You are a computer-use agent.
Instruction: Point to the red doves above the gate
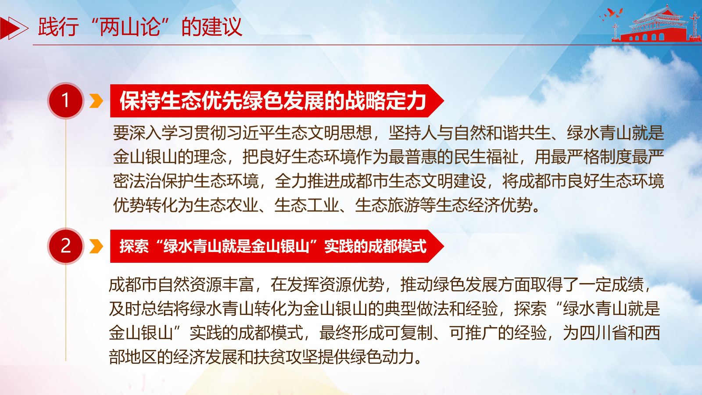[x=612, y=14]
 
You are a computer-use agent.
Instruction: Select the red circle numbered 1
[x=65, y=101]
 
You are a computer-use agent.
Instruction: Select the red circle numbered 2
[x=65, y=246]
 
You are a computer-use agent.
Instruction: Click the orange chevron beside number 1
[x=96, y=101]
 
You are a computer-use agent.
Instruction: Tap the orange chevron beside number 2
[x=96, y=246]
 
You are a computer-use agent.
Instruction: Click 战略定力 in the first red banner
[x=385, y=101]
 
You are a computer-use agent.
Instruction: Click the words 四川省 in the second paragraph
[x=603, y=333]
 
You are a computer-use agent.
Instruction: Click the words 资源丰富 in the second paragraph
[x=222, y=285]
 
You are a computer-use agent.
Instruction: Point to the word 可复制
[x=409, y=333]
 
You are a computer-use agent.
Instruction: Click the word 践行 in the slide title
[x=58, y=27]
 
